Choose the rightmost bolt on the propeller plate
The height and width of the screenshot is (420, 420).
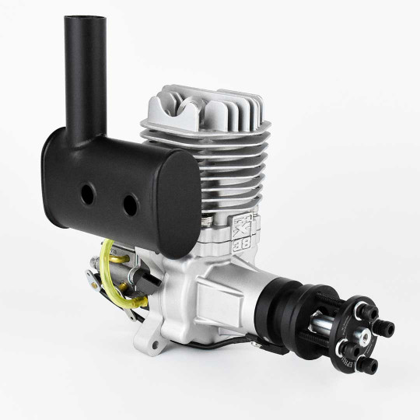(387, 324)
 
